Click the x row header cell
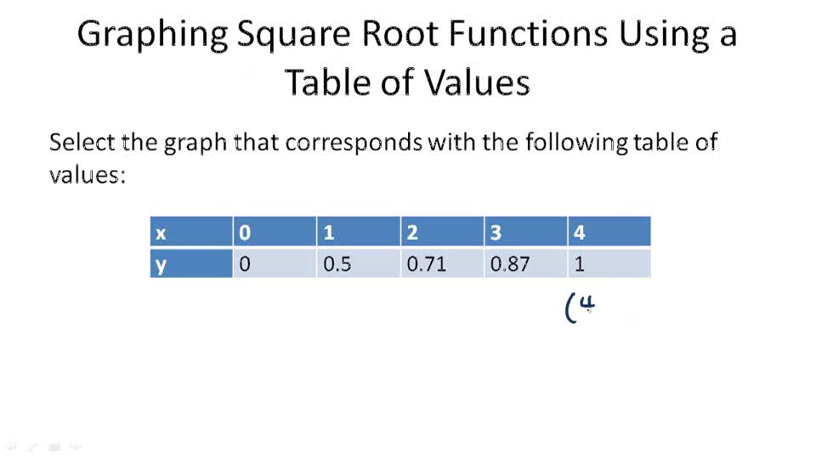[x=191, y=232]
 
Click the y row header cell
[x=191, y=263]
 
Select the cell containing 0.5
[x=357, y=263]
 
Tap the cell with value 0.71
[x=440, y=263]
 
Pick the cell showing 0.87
[x=524, y=263]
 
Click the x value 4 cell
[x=609, y=232]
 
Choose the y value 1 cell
[x=609, y=263]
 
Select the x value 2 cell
[x=440, y=232]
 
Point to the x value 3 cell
[x=524, y=232]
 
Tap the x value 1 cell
[x=357, y=232]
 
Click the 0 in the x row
[x=274, y=232]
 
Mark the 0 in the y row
[x=274, y=263]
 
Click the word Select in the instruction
[x=80, y=141]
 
